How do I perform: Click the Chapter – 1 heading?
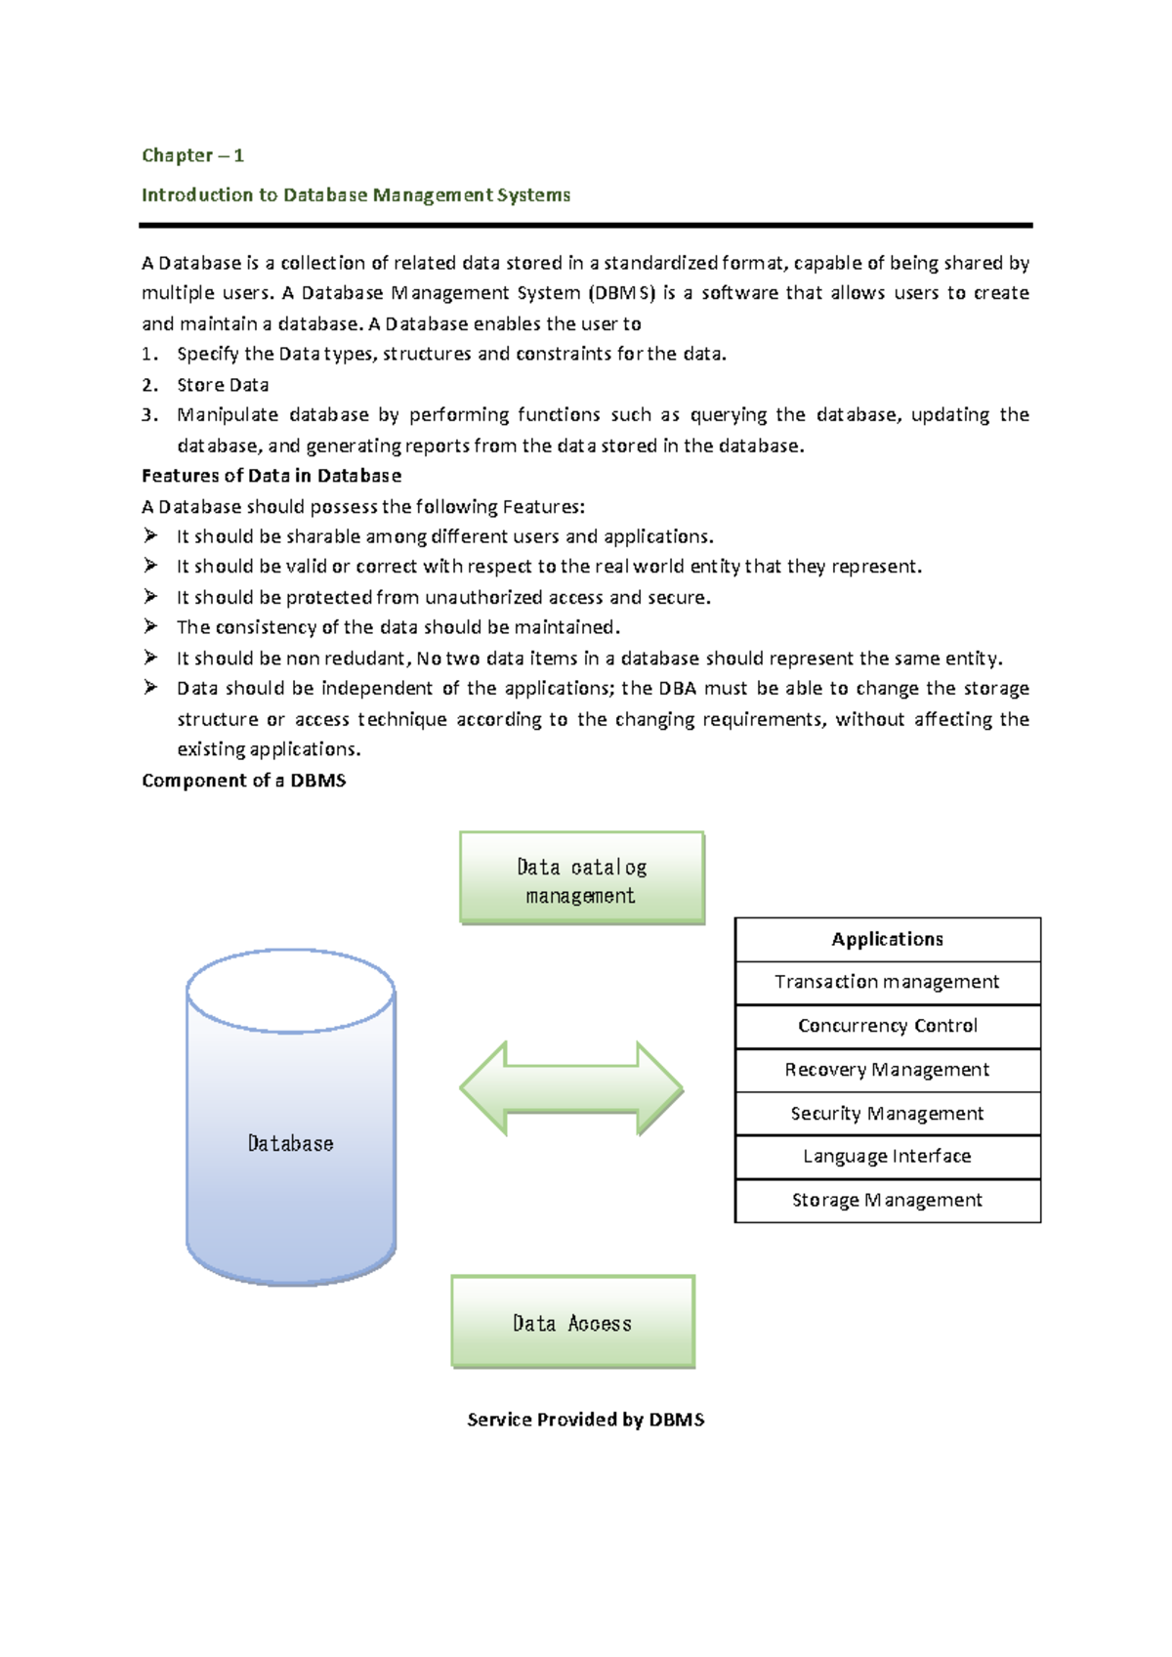tap(192, 155)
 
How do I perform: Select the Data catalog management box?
tap(581, 878)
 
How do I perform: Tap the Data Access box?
tap(572, 1322)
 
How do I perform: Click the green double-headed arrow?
tap(571, 1088)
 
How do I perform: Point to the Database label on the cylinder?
tap(290, 1143)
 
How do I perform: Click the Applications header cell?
tap(887, 939)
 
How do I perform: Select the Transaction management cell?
tap(887, 982)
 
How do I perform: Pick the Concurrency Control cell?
tap(887, 1026)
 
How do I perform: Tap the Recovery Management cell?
tap(887, 1070)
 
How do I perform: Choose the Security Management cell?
tap(887, 1114)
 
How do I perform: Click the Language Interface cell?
tap(887, 1157)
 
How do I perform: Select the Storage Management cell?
tap(887, 1201)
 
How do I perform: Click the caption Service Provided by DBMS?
tap(585, 1420)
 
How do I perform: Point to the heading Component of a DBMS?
tap(243, 781)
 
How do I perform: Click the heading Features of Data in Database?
tap(272, 476)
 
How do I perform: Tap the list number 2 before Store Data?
tap(148, 385)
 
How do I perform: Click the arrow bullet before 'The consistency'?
tap(150, 626)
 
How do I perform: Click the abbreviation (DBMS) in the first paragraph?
tap(621, 293)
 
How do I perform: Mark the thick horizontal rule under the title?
tap(585, 226)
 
